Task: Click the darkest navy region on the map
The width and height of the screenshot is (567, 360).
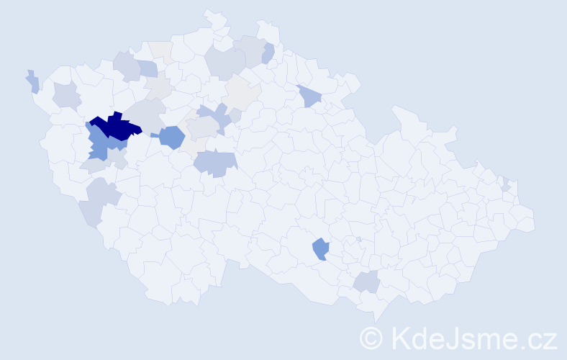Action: tap(115, 127)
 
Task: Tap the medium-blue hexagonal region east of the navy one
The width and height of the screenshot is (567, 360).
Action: tap(172, 136)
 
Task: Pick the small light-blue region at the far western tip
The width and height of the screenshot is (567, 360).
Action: tap(33, 83)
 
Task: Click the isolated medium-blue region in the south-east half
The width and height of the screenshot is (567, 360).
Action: tap(320, 249)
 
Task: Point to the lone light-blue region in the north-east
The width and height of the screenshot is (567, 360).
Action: tap(308, 96)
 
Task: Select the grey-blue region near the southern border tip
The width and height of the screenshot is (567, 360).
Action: tap(368, 282)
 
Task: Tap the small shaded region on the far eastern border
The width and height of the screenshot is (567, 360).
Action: tap(506, 185)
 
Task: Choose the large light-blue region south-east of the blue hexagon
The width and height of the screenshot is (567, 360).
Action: tap(214, 163)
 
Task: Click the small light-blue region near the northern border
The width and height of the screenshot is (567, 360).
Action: tap(268, 53)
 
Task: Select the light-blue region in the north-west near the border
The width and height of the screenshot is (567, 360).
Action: tap(147, 69)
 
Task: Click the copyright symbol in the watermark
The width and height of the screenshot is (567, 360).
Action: tap(371, 338)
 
